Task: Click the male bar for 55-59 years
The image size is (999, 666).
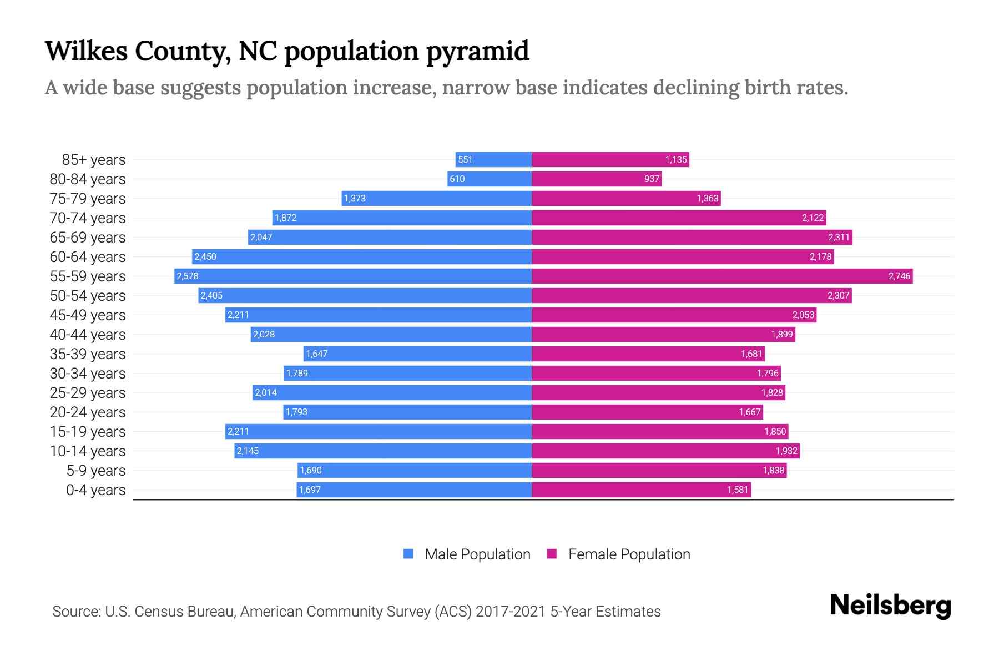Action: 353,276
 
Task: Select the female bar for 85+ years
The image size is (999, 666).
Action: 610,159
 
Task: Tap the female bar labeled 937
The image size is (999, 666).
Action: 597,179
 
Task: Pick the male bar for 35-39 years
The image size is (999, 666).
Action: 417,354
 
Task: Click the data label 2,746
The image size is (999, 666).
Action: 899,276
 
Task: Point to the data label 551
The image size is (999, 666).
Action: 465,160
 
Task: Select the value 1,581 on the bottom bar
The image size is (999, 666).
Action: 738,490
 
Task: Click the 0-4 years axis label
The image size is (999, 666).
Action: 95,490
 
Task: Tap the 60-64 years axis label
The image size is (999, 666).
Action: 88,257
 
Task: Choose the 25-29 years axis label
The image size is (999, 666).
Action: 88,393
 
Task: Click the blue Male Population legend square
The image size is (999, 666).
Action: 408,554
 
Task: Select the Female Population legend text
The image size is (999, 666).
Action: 629,554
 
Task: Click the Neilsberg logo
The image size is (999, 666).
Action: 890,606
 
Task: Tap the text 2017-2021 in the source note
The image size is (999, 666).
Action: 511,612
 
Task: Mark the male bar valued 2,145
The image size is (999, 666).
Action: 383,451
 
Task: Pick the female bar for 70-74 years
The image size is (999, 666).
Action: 679,218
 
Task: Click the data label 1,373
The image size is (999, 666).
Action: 355,199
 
